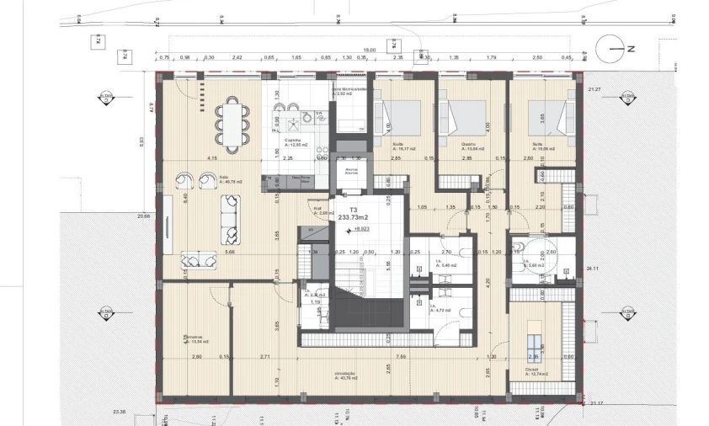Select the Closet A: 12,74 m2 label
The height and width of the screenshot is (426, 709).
click(533, 371)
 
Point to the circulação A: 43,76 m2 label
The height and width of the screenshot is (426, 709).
click(346, 375)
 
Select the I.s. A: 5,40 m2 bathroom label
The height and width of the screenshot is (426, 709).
click(440, 264)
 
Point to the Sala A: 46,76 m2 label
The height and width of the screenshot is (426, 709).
click(227, 178)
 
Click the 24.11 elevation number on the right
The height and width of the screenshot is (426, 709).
click(591, 269)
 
